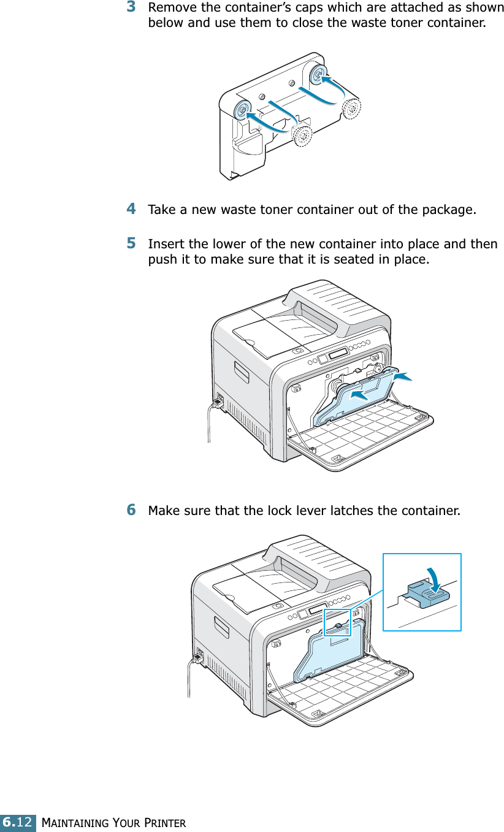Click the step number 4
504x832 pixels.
click(x=131, y=210)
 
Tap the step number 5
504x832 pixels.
click(x=131, y=243)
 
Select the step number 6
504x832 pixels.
click(x=131, y=510)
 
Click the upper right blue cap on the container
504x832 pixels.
click(x=318, y=75)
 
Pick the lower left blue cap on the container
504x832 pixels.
click(x=242, y=110)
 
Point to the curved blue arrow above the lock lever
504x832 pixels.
click(x=440, y=576)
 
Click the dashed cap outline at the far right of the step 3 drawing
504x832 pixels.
click(x=351, y=108)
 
